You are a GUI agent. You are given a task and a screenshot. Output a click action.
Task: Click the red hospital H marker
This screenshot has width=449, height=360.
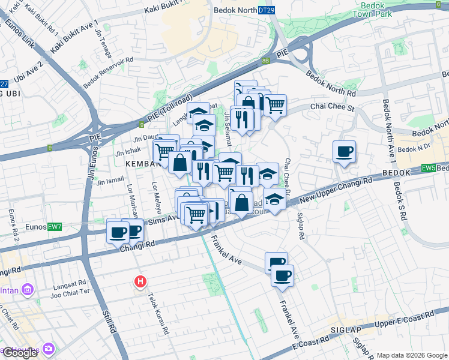pos(140,281)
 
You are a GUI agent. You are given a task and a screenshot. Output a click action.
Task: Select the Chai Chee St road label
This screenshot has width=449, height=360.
pos(333,106)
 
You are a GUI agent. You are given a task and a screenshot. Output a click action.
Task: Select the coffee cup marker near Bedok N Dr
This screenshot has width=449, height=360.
pos(345,152)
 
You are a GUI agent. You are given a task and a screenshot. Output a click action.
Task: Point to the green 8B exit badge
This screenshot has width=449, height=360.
pos(265,61)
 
